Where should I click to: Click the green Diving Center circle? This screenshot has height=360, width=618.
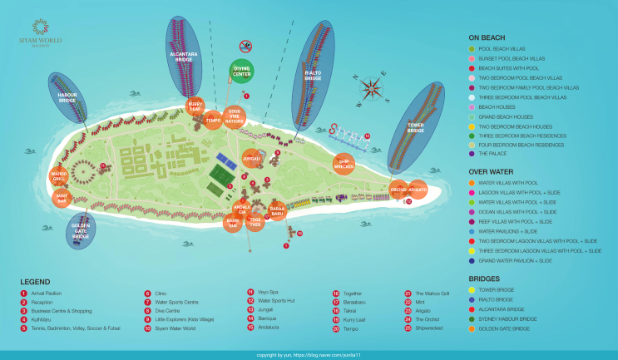(x=242, y=72)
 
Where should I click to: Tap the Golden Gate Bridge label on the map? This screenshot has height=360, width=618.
(x=81, y=230)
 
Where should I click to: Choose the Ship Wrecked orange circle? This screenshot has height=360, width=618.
(x=344, y=162)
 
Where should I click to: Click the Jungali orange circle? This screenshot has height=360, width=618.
(x=251, y=158)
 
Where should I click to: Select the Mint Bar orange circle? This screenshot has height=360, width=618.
(x=60, y=198)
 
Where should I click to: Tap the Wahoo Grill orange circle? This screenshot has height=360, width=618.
(x=59, y=176)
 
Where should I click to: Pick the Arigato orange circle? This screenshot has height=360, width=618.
(x=418, y=190)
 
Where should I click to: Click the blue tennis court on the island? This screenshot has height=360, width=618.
(x=225, y=156)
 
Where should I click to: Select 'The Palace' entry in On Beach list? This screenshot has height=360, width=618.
(x=497, y=153)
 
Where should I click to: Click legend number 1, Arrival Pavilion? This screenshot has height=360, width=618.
(x=47, y=293)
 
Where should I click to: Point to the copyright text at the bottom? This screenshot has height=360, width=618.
(x=309, y=355)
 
